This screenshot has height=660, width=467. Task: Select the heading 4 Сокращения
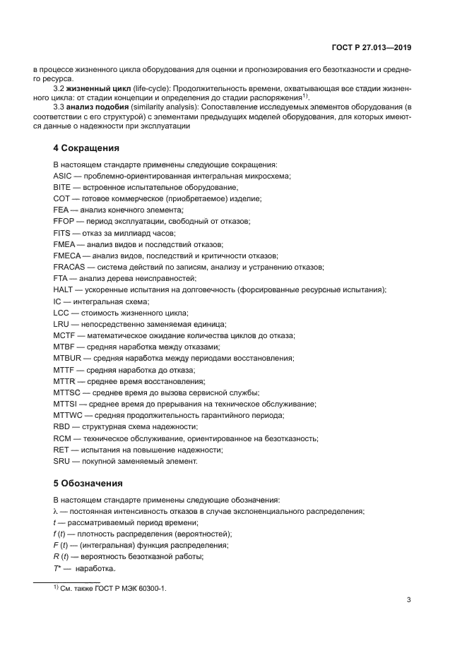86,148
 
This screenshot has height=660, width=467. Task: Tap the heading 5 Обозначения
88,484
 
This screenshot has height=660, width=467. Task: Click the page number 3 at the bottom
409,600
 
